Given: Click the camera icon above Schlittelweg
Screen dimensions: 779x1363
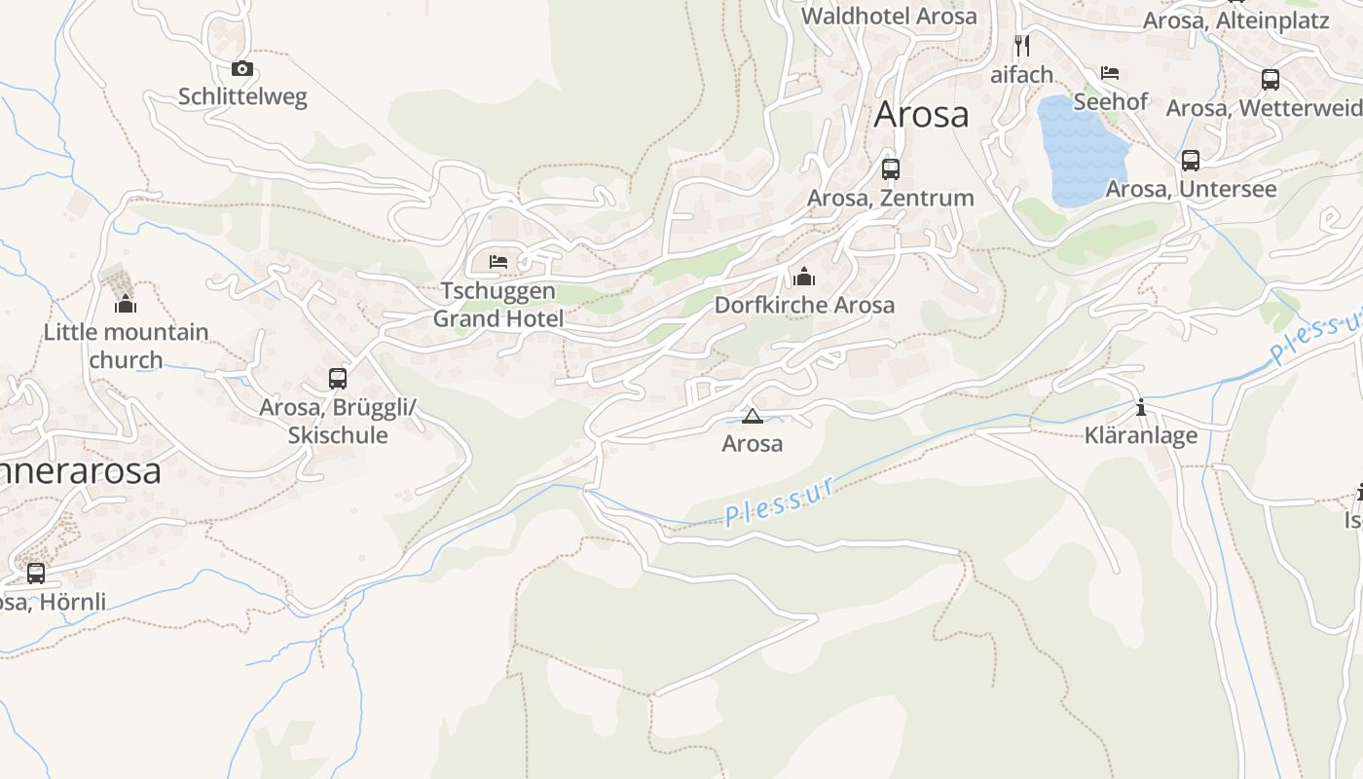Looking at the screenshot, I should (x=242, y=68).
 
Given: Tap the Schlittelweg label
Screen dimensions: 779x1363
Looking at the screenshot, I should (x=242, y=96).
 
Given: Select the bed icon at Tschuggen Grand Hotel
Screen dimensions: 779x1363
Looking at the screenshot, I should (x=498, y=261).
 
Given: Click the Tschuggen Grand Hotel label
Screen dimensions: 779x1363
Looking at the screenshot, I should (x=498, y=305).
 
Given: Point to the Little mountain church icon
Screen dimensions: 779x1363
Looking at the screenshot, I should (x=126, y=305).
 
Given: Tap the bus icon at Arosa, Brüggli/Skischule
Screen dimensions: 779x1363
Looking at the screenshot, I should (x=338, y=378).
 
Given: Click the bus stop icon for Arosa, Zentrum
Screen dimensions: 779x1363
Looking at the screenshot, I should (x=891, y=168).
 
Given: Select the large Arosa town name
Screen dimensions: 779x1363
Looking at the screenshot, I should (x=921, y=114).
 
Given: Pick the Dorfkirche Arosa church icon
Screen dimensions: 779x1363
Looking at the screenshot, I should (x=804, y=277).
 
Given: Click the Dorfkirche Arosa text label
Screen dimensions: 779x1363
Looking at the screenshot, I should (x=804, y=305).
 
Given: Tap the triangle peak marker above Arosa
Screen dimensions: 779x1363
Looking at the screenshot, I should (x=752, y=417).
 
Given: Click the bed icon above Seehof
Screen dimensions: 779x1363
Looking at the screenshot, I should (x=1110, y=72).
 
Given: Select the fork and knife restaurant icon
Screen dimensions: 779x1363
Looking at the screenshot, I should (x=1021, y=45).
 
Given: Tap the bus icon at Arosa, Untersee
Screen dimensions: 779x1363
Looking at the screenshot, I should (x=1190, y=161).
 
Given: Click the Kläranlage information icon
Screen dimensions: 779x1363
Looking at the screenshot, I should (x=1141, y=407).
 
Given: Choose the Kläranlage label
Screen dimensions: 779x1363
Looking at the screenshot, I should (x=1141, y=435).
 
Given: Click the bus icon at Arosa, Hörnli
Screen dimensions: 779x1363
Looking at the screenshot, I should (x=36, y=574).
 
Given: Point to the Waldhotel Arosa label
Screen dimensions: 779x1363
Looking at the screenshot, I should (x=889, y=17).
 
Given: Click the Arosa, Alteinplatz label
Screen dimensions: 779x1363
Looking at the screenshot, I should (x=1235, y=20).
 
